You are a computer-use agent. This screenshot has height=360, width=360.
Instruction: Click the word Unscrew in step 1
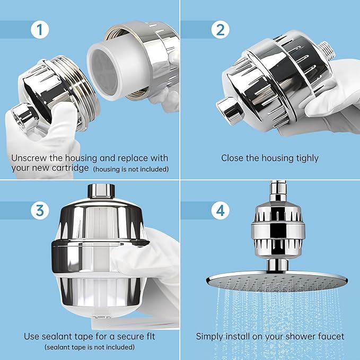tap(29, 158)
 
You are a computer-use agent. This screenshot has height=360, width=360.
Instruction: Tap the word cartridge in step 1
tap(72, 169)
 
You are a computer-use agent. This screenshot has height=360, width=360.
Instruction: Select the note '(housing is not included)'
tap(131, 170)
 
